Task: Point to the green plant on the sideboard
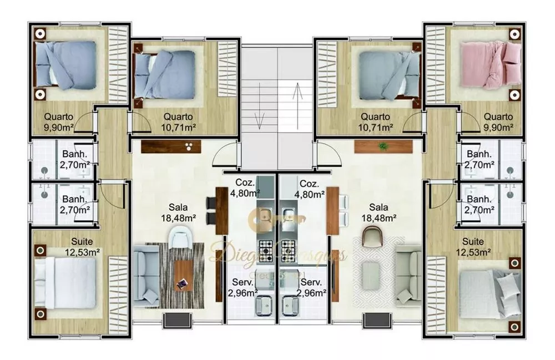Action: [x=382, y=146]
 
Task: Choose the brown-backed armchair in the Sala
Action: [x=372, y=238]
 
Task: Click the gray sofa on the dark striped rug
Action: [x=145, y=275]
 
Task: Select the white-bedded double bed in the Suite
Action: [x=65, y=283]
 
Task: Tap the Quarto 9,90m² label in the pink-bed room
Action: [x=497, y=121]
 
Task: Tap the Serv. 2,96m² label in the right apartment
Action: [x=309, y=287]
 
